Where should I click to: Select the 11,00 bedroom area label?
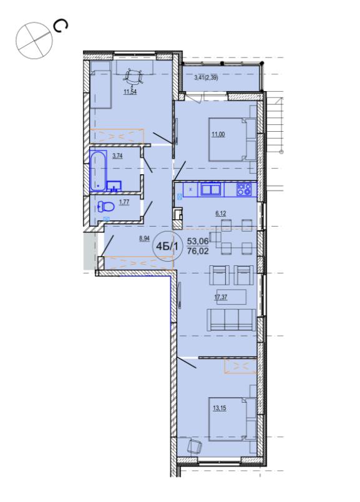(218, 134)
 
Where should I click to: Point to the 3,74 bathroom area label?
(117, 156)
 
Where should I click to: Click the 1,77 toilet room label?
(124, 202)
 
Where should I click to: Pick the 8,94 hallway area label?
(145, 239)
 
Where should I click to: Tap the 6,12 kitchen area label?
(221, 214)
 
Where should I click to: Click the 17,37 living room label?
(221, 297)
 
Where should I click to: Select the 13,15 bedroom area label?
(220, 408)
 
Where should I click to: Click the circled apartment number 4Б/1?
(168, 247)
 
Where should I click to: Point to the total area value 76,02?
(198, 251)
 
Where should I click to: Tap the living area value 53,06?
(198, 241)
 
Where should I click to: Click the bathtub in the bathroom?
(98, 171)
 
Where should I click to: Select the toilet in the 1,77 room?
(105, 207)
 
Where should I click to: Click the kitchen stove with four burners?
(244, 190)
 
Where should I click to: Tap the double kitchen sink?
(211, 189)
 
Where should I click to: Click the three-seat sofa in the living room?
(231, 320)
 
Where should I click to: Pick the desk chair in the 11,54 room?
(134, 77)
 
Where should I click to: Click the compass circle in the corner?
(34, 41)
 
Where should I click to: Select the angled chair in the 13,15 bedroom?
(194, 446)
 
